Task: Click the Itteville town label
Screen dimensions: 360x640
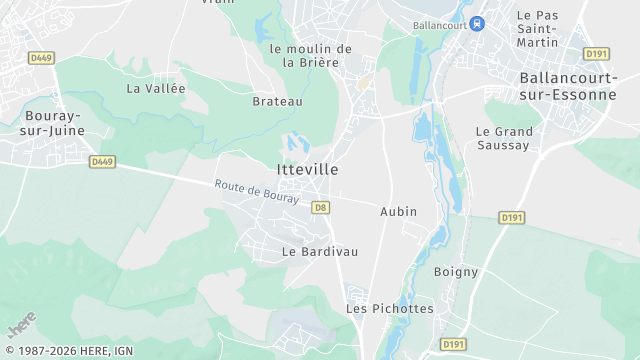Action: click(307, 170)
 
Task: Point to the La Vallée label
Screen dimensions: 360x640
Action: click(156, 88)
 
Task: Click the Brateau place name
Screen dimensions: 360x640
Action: click(277, 101)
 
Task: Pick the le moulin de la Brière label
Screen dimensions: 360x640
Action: click(311, 55)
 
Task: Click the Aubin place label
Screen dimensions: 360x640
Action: click(398, 212)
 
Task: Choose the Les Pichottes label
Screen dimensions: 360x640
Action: click(390, 308)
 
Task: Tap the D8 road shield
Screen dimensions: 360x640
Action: click(320, 207)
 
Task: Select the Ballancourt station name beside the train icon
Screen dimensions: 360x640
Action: click(440, 24)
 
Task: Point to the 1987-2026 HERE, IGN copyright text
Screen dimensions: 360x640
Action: click(68, 351)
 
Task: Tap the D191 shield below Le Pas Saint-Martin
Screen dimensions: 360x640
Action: click(597, 53)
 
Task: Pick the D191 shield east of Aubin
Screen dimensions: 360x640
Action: click(512, 217)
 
